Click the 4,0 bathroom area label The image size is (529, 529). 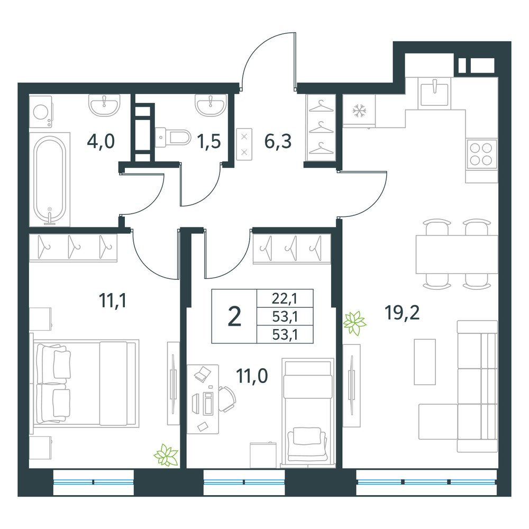[101, 141]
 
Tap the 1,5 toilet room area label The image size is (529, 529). [209, 141]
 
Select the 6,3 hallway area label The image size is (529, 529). [278, 141]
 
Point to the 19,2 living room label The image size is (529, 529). [402, 313]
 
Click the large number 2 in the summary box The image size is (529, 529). [234, 317]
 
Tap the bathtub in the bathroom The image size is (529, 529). [50, 180]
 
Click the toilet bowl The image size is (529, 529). [174, 137]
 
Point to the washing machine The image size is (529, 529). [41, 112]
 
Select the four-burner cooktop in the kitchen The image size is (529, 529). [481, 154]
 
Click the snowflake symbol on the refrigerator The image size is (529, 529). [359, 111]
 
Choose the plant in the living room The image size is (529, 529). [354, 323]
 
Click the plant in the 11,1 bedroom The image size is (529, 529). [166, 455]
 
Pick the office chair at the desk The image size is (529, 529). [227, 399]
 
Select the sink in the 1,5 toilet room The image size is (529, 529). [211, 105]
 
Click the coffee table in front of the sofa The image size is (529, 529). [425, 362]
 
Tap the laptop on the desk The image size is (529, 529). [203, 374]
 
